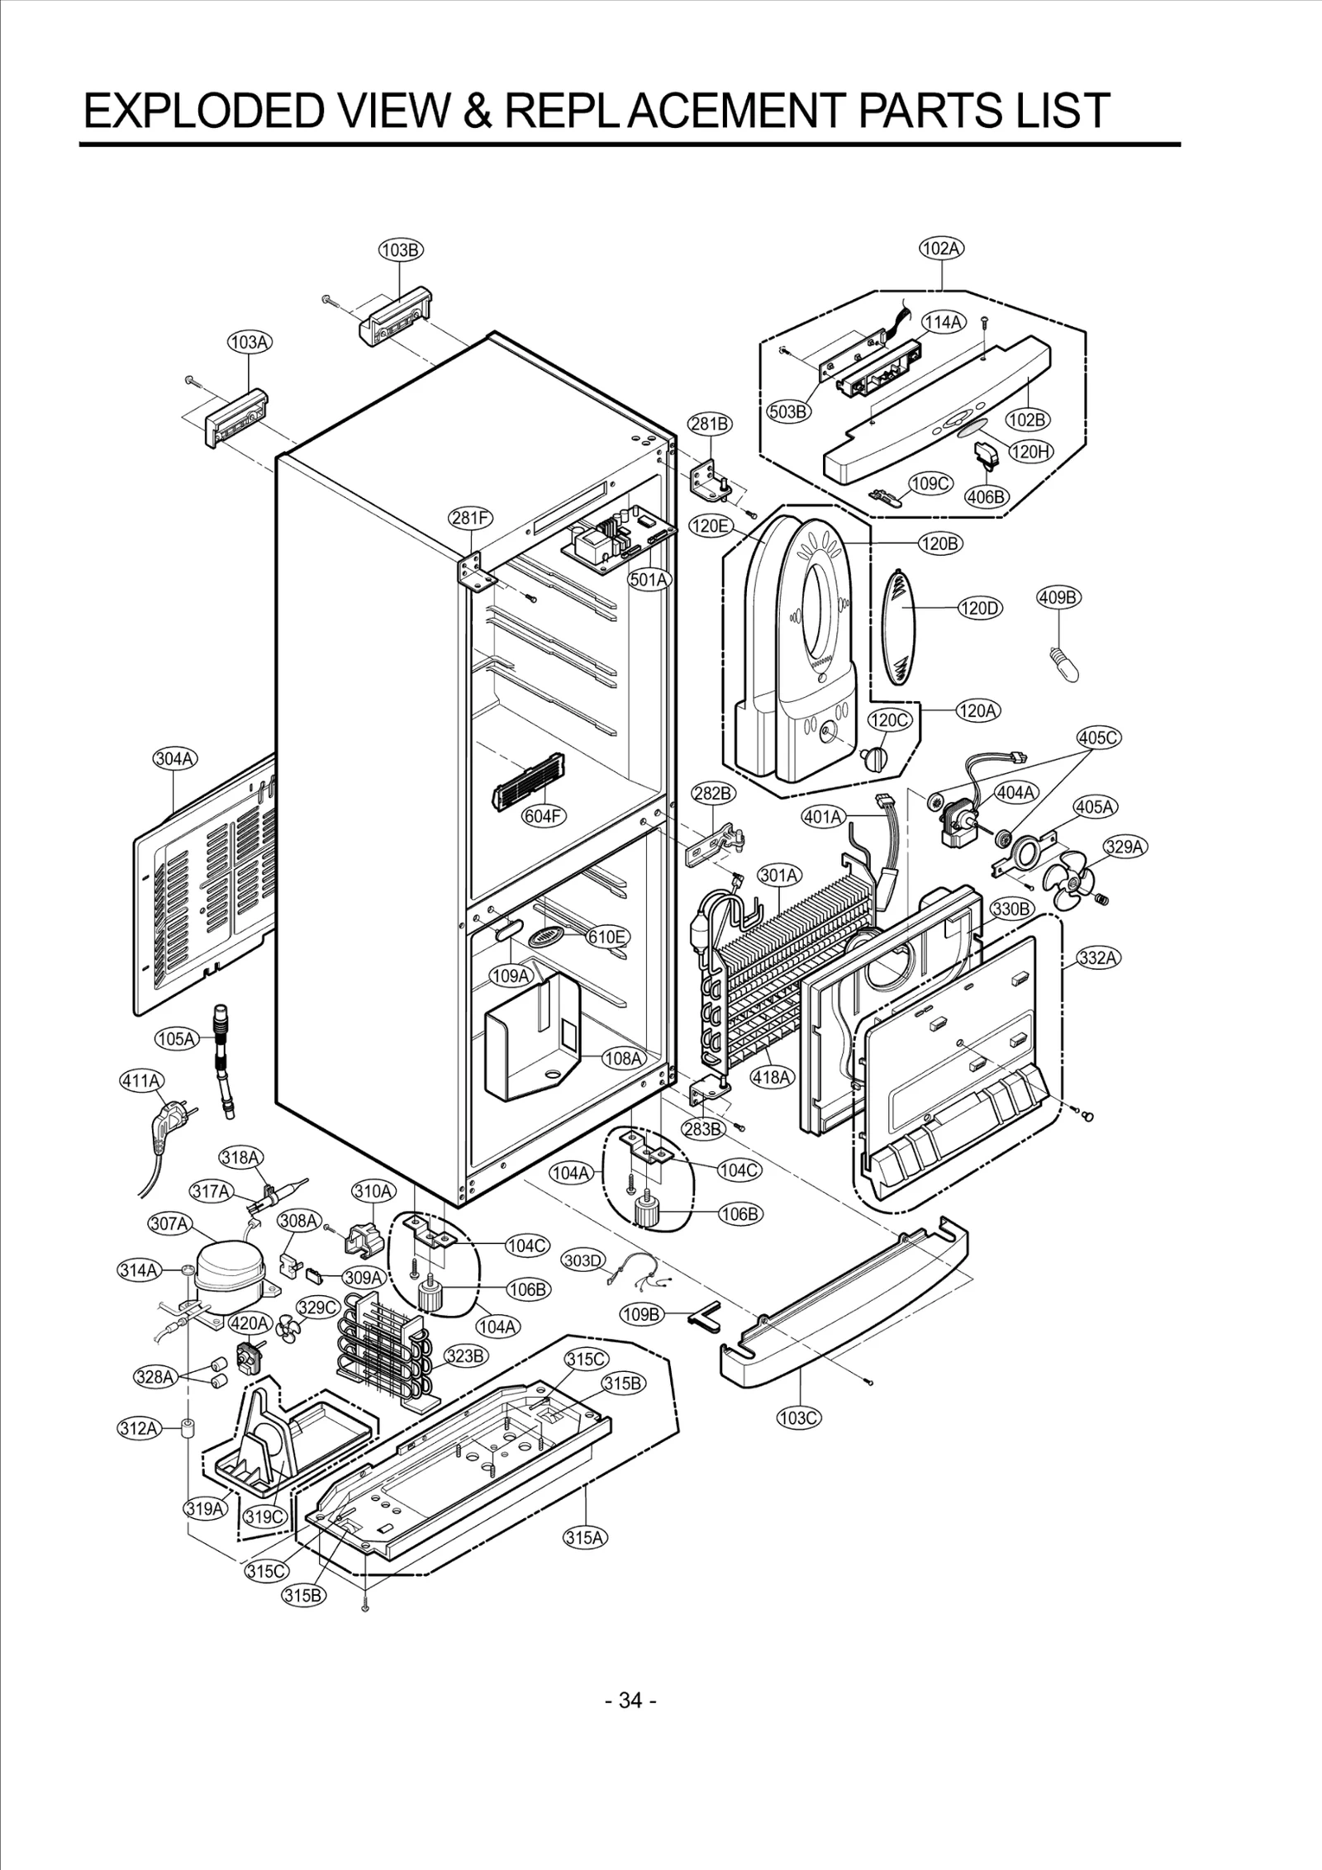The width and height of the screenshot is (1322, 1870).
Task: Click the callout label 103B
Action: click(401, 249)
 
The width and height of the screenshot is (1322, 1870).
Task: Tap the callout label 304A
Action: click(175, 758)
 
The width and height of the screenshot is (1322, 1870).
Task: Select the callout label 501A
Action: click(649, 579)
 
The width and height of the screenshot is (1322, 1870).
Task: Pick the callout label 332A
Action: click(1099, 957)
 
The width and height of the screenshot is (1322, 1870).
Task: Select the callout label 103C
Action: click(799, 1418)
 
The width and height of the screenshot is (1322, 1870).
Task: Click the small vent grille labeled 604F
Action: click(528, 781)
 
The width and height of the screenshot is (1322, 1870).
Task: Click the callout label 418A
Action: click(772, 1077)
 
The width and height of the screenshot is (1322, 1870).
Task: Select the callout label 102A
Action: click(942, 248)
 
